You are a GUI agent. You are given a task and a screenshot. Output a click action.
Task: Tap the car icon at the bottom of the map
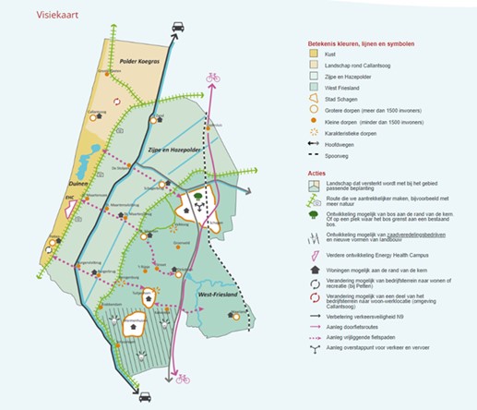pyautogui.click(x=145, y=398)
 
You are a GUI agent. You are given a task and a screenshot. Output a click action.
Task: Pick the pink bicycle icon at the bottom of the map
pyautogui.click(x=183, y=378)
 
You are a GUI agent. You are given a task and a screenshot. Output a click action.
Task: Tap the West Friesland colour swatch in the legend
pyautogui.click(x=315, y=89)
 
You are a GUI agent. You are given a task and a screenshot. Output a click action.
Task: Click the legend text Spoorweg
pyautogui.click(x=344, y=155)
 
